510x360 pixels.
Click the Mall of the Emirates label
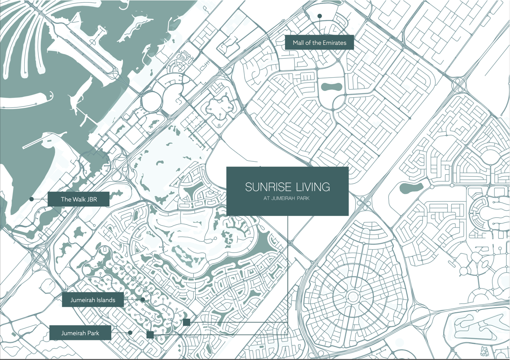click(x=319, y=43)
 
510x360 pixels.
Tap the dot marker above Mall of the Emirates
click(x=320, y=16)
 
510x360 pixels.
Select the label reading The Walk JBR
click(x=78, y=199)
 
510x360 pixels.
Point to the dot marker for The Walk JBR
click(x=31, y=199)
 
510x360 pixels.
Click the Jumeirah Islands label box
click(x=93, y=300)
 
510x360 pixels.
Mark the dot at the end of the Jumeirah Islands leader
click(x=142, y=300)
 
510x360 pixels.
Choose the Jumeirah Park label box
click(x=80, y=333)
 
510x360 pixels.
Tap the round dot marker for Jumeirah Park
click(x=130, y=333)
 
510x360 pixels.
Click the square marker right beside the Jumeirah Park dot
click(x=150, y=335)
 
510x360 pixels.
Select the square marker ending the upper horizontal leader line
click(x=186, y=322)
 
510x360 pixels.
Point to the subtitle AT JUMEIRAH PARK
click(x=287, y=198)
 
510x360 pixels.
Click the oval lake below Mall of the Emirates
click(x=331, y=86)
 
